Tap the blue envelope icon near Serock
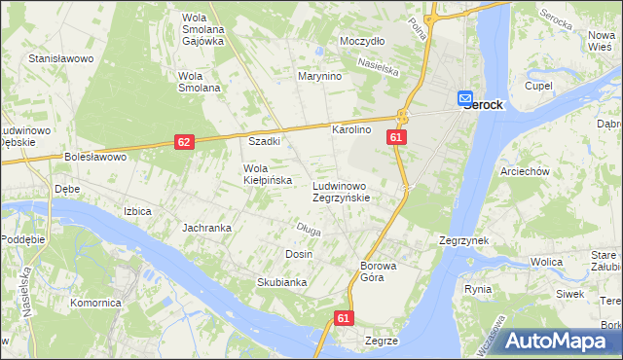(x=465, y=98)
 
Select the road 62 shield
(x=184, y=142)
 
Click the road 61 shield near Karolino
(x=395, y=138)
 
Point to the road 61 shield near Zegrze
(x=343, y=318)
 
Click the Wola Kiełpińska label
(x=260, y=174)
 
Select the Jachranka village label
(x=206, y=228)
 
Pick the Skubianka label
(x=255, y=282)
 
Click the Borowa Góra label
(x=380, y=271)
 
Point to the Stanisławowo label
(x=60, y=59)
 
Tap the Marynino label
(x=318, y=76)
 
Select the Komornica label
(x=95, y=303)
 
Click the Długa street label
(x=308, y=230)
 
